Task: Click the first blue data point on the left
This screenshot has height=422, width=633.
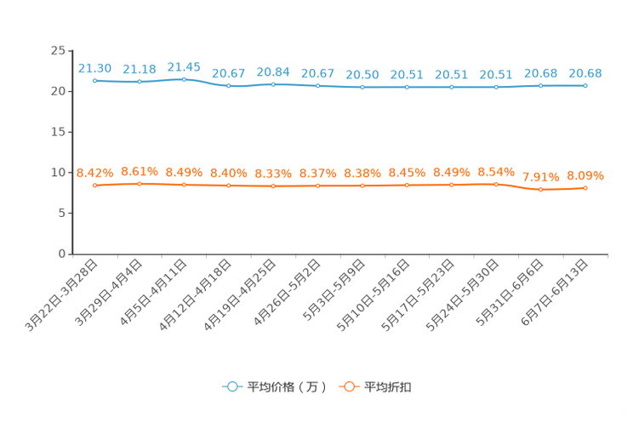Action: click(94, 80)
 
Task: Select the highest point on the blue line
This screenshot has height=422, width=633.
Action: click(184, 78)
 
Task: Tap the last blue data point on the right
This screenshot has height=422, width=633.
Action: click(585, 85)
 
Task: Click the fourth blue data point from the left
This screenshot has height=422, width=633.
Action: click(229, 86)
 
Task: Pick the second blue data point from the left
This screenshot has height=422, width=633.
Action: click(139, 82)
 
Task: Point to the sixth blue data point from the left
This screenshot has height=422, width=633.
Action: click(317, 85)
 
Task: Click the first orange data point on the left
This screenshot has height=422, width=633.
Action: click(94, 185)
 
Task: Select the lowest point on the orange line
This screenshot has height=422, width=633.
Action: click(540, 190)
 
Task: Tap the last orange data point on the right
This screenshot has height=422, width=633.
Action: click(585, 188)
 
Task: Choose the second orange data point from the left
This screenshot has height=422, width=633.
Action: click(139, 183)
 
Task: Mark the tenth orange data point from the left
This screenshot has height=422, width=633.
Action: click(496, 184)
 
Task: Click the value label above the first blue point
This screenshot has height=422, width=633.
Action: click(94, 67)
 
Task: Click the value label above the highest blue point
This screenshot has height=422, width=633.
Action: click(184, 66)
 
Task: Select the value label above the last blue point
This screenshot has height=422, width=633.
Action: click(585, 73)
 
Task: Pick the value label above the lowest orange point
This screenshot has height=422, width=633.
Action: click(540, 177)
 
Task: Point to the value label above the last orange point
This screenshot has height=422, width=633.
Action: click(585, 175)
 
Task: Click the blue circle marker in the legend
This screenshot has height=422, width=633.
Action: click(231, 386)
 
